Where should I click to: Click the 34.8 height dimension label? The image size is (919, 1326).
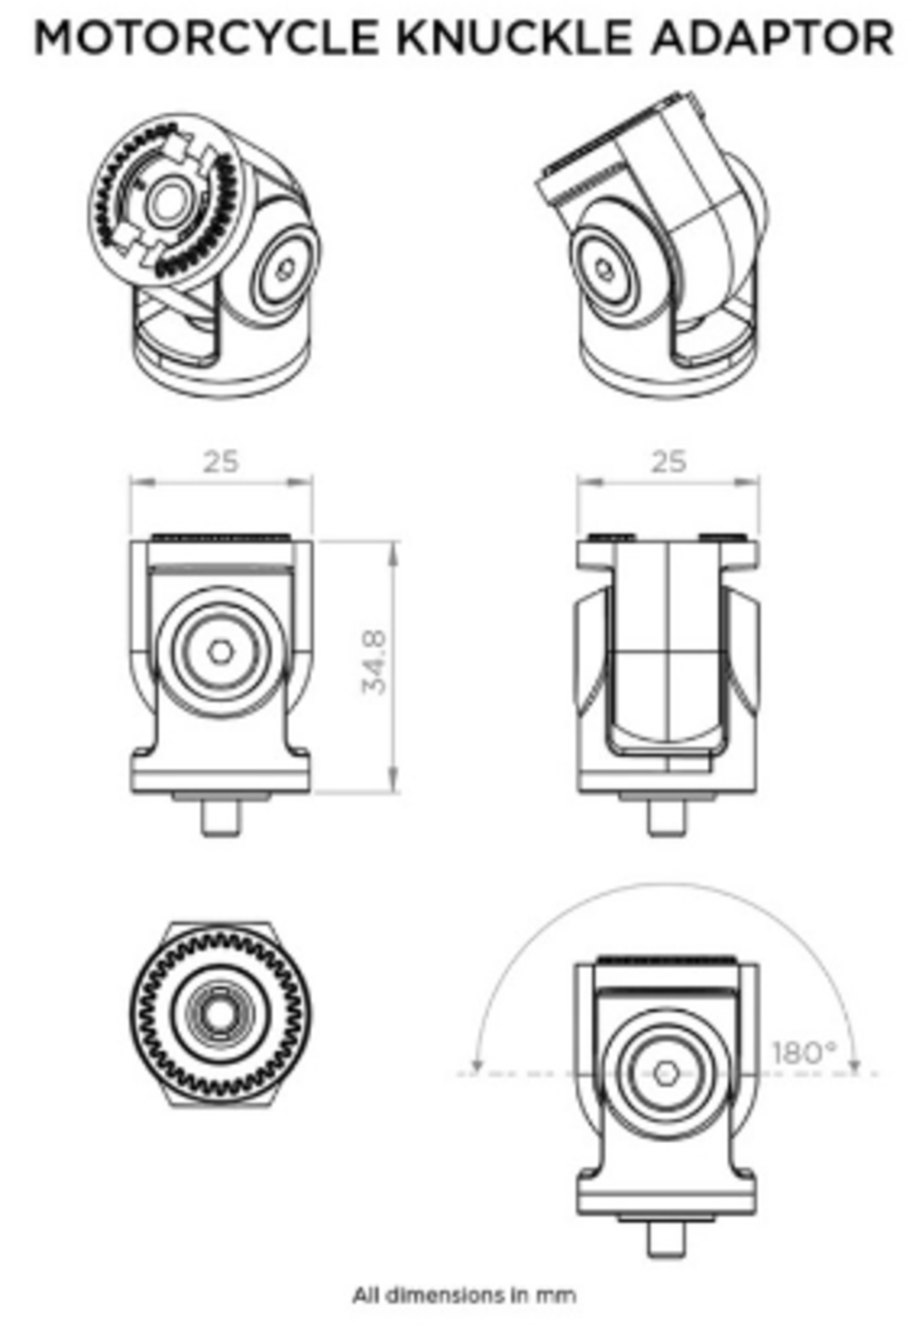pyautogui.click(x=374, y=662)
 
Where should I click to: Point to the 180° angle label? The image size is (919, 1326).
pyautogui.click(x=804, y=1053)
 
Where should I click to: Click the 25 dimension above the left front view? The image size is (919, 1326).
pyautogui.click(x=221, y=462)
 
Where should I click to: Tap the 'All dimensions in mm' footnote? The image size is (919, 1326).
pyautogui.click(x=464, y=1295)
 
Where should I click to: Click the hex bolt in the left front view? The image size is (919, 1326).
pyautogui.click(x=219, y=651)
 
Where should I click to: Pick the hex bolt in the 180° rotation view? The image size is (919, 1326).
pyautogui.click(x=664, y=1074)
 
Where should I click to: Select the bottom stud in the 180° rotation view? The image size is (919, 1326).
pyautogui.click(x=666, y=1239)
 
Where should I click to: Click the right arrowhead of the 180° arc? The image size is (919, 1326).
pyautogui.click(x=854, y=1068)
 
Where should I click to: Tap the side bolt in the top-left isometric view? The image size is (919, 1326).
pyautogui.click(x=285, y=269)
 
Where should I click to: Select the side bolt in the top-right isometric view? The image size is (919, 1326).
pyautogui.click(x=605, y=270)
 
